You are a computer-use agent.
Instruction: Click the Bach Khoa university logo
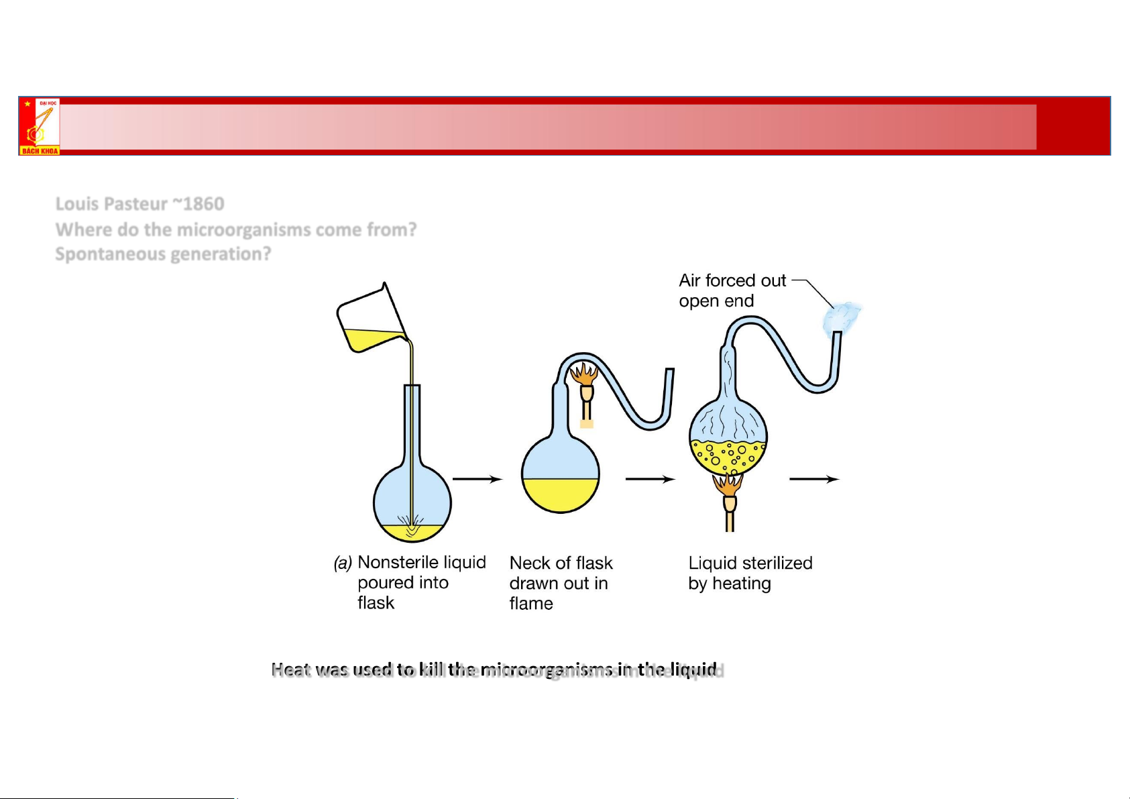click(x=40, y=127)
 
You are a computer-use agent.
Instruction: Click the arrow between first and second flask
click(x=477, y=479)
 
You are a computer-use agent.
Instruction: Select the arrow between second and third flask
click(x=650, y=479)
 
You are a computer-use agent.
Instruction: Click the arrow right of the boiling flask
click(x=813, y=479)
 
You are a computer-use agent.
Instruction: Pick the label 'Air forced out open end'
click(x=732, y=290)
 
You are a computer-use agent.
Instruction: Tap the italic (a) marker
click(x=343, y=563)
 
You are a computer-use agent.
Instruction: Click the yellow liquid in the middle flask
click(x=560, y=495)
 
